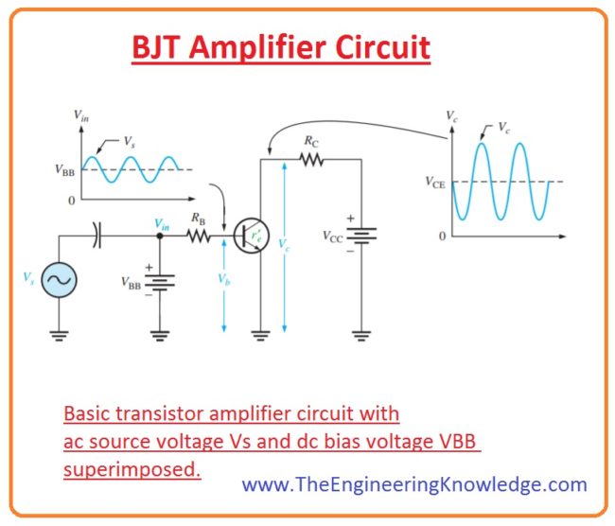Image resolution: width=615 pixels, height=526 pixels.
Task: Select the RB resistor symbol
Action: (x=200, y=237)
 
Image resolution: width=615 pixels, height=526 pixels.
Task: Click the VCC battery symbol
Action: (x=361, y=236)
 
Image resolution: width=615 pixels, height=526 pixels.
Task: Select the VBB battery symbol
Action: (x=158, y=281)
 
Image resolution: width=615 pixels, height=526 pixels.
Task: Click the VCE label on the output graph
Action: (x=432, y=182)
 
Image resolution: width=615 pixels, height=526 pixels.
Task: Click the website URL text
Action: (x=414, y=485)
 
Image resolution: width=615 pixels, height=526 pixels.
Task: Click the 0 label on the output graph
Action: (x=441, y=234)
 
